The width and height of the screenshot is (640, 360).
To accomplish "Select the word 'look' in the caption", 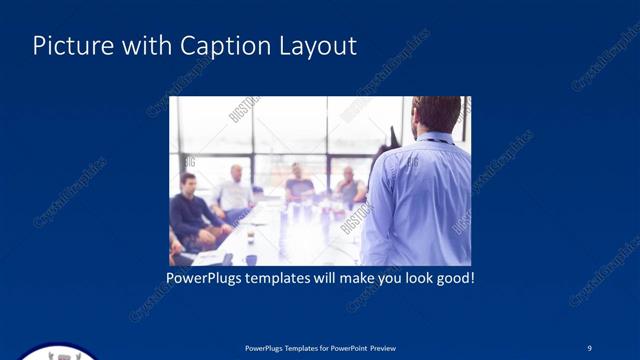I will coord(411,277).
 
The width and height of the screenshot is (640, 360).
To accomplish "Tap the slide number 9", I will coord(589,347).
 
